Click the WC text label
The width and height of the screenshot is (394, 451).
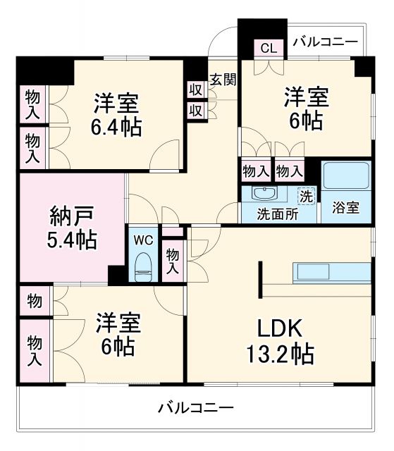[144, 240]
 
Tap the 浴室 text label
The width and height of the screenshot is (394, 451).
[346, 208]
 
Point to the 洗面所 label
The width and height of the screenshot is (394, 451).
[277, 214]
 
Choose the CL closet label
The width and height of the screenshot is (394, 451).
[269, 48]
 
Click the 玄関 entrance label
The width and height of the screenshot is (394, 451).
[222, 79]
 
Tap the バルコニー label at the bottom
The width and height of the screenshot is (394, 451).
[195, 408]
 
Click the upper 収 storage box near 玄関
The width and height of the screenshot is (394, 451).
[195, 90]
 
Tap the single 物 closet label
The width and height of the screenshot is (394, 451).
[34, 301]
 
